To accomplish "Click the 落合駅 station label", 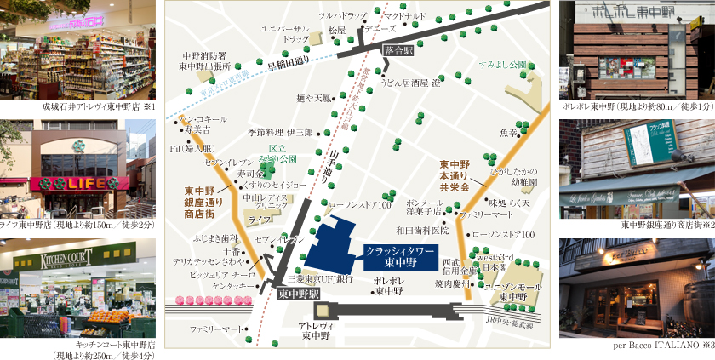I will (x=398, y=51).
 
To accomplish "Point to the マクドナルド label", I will (x=403, y=15).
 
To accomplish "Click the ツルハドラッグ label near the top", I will (x=342, y=15).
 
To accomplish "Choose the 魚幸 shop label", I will (x=509, y=133).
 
